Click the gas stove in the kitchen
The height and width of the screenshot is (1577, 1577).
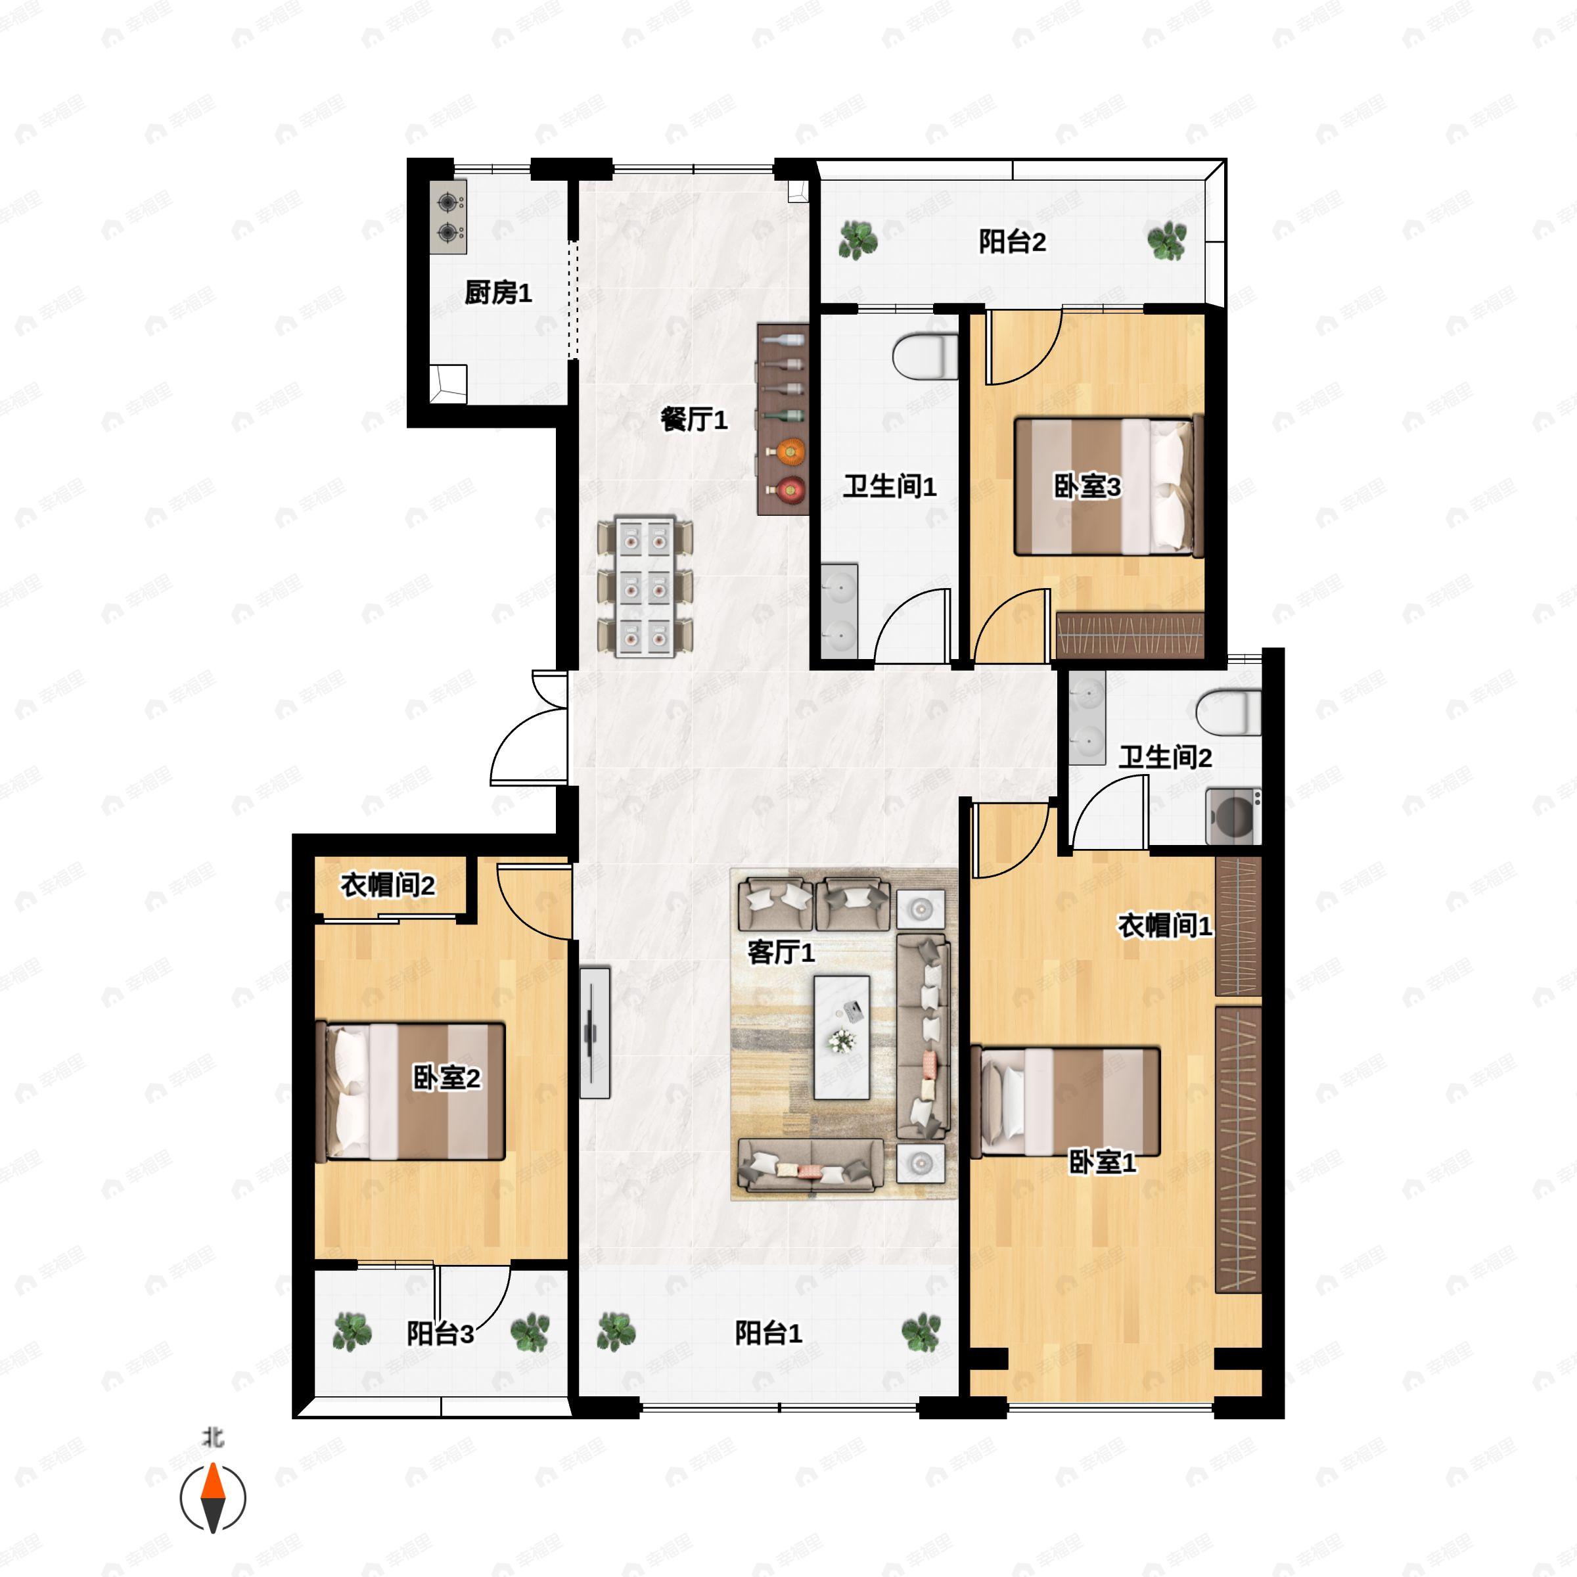449,217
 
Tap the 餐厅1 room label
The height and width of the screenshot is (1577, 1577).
694,420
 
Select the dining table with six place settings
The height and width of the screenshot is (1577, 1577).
645,586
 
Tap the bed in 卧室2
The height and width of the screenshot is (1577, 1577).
411,1091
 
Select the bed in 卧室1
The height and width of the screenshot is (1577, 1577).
1066,1101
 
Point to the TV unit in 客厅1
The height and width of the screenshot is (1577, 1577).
595,1032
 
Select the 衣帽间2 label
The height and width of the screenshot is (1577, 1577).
388,885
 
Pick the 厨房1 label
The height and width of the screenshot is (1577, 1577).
498,292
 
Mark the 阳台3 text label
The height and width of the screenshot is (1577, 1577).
440,1334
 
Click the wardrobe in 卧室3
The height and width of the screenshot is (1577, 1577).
1130,635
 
